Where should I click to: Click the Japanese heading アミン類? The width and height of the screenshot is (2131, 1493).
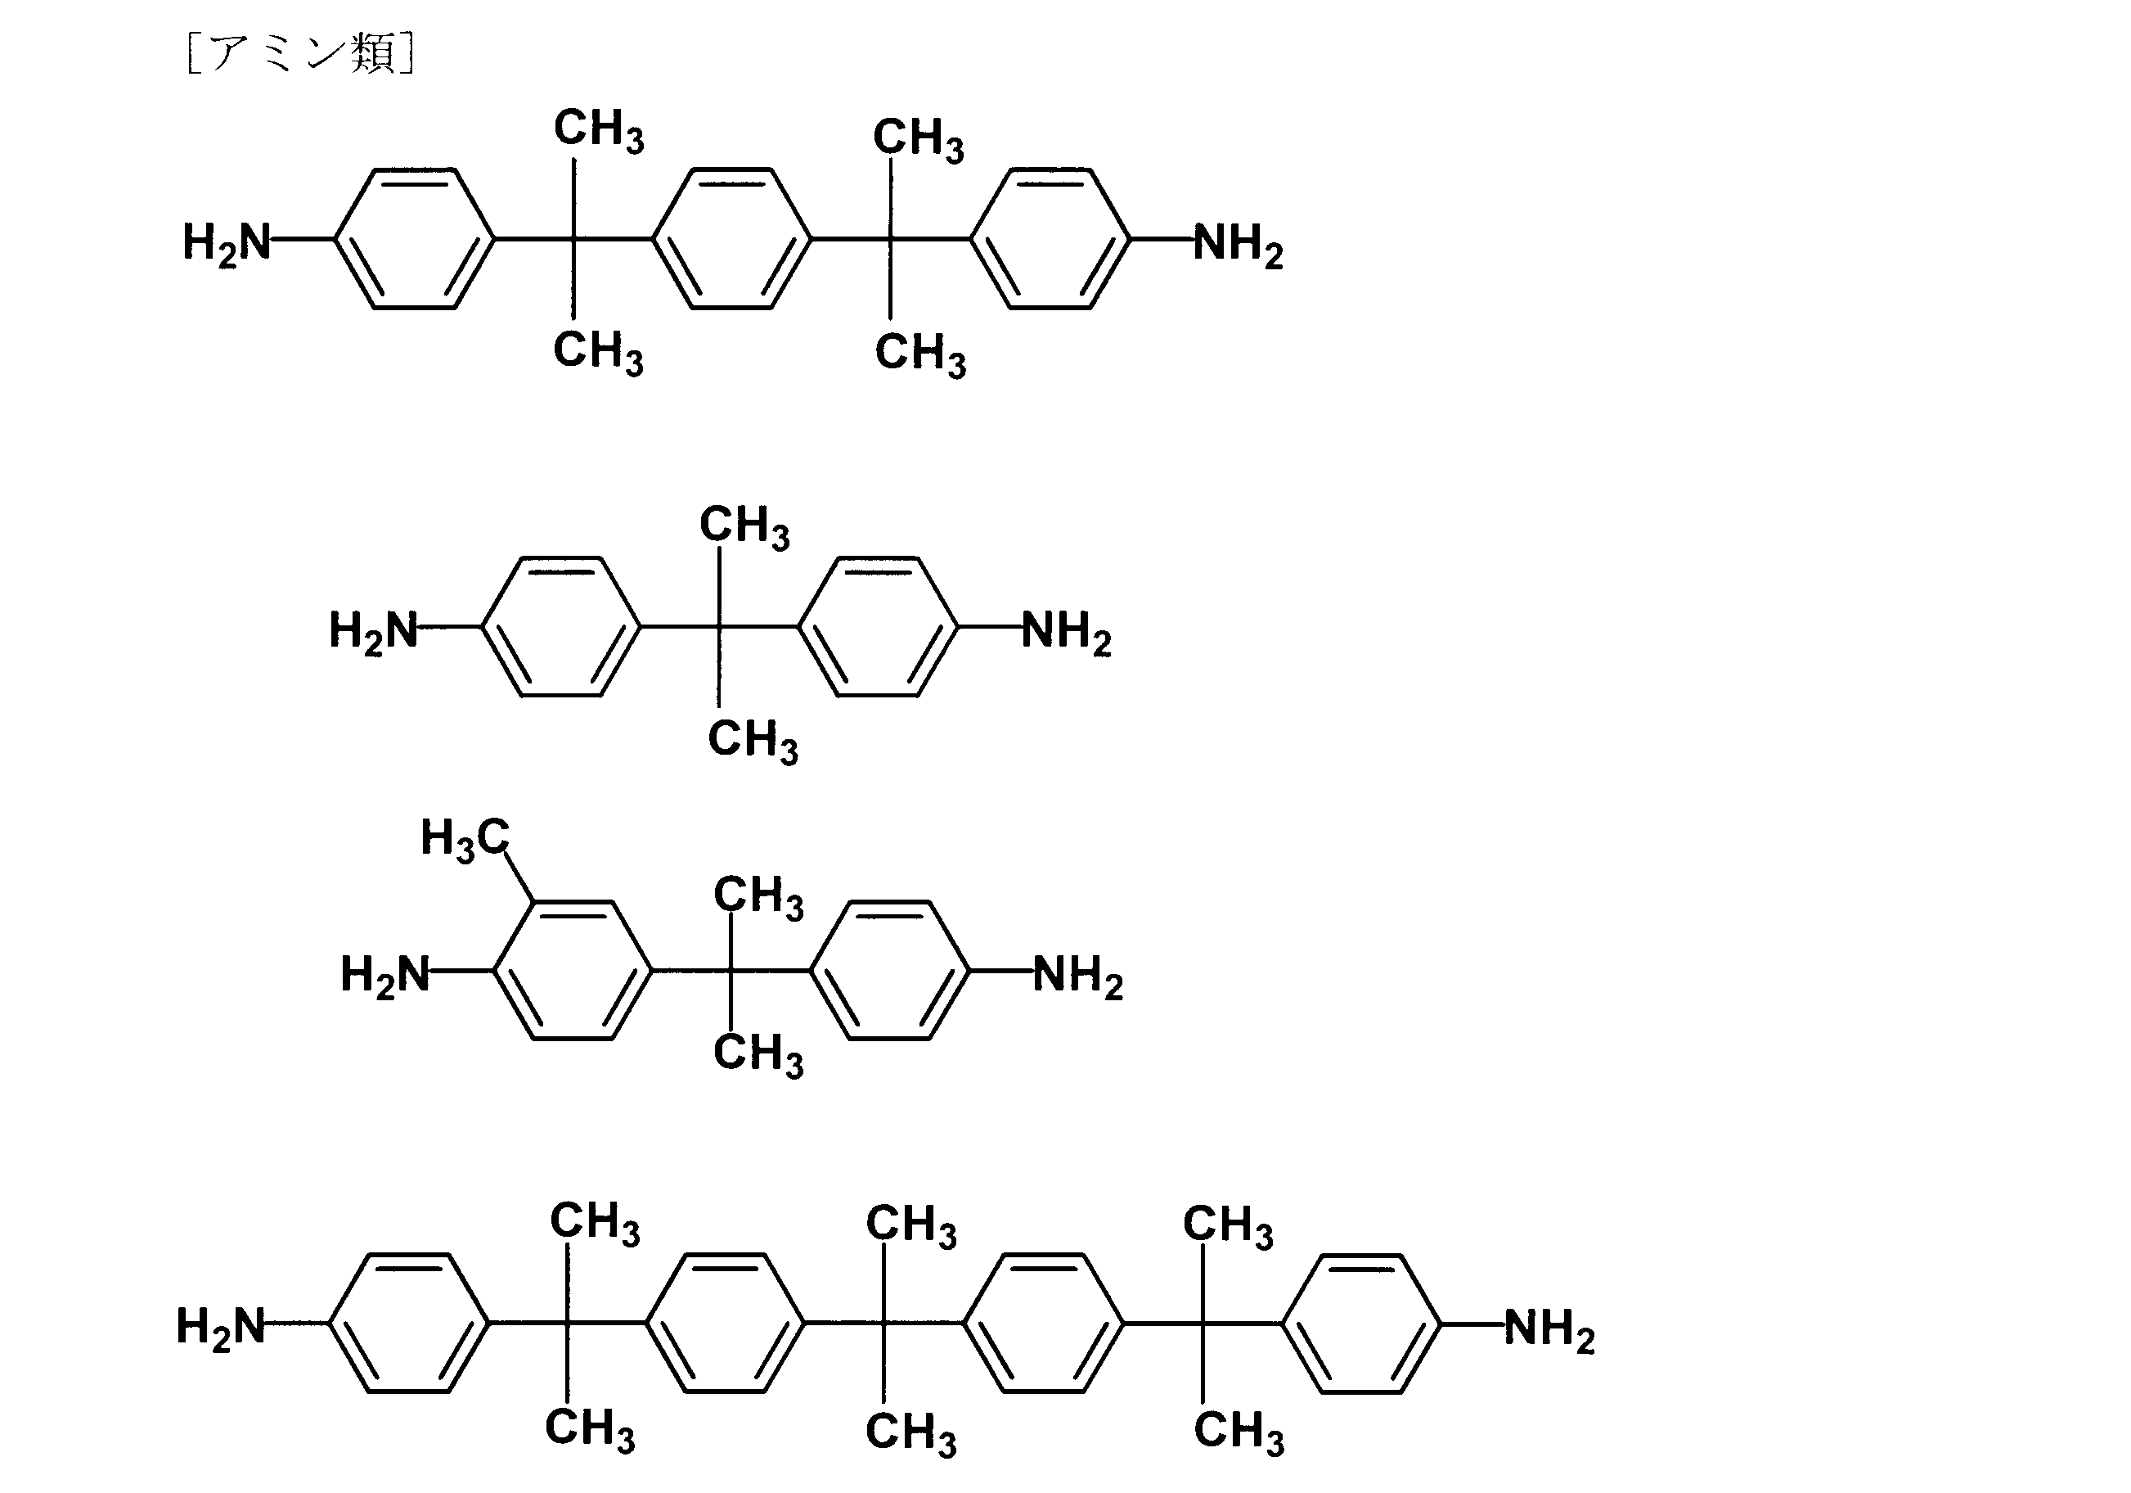coord(302,53)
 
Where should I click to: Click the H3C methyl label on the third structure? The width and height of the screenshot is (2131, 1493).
coord(465,839)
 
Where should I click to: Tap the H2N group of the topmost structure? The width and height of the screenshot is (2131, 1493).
coord(227,243)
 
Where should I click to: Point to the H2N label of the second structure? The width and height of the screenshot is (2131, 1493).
coord(373,631)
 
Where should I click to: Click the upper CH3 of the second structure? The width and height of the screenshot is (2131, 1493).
coord(744,526)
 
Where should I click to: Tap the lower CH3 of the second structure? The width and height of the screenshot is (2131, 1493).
coord(753,741)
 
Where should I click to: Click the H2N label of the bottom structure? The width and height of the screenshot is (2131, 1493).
coord(221,1327)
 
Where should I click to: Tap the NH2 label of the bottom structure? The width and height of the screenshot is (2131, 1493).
coord(1550,1328)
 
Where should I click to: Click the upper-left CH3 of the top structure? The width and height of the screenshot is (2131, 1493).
coord(599,130)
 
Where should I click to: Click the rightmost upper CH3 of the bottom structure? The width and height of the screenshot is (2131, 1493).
coord(1228,1225)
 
